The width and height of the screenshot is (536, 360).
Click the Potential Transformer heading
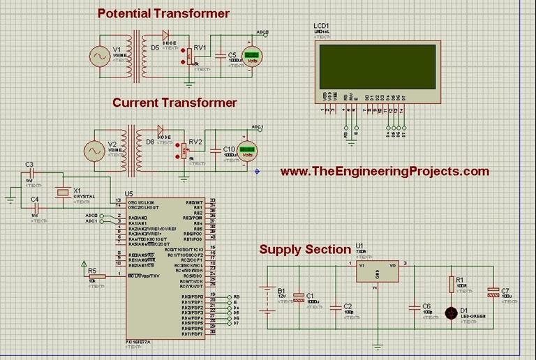click(x=163, y=13)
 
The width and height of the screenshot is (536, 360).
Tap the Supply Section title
click(x=305, y=249)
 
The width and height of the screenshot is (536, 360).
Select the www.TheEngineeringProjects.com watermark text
click(x=385, y=171)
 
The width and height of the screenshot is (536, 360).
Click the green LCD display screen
click(x=376, y=66)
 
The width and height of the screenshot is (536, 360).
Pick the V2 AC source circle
click(x=94, y=151)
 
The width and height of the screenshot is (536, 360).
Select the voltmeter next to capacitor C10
click(x=246, y=151)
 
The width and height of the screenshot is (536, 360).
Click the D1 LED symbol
click(x=451, y=313)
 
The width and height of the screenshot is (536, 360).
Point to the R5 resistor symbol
click(x=96, y=276)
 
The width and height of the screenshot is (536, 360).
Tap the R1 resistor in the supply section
click(x=451, y=283)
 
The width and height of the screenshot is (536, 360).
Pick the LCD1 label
click(x=322, y=26)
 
